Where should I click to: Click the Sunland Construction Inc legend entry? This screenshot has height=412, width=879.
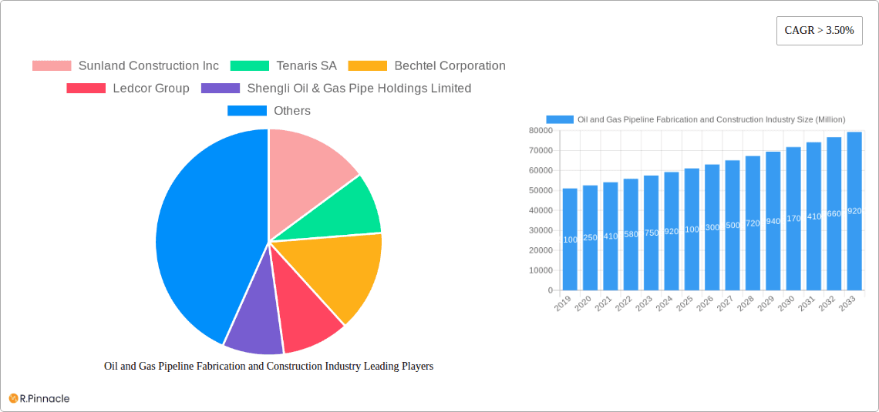126,66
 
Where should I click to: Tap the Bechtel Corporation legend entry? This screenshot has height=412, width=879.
427,66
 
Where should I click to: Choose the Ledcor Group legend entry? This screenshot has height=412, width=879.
128,89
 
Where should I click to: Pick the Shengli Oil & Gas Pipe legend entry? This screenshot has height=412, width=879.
336,89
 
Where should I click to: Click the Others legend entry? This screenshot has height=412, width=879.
269,111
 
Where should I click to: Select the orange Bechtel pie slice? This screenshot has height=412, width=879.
339,270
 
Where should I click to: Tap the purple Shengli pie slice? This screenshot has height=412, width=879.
254,323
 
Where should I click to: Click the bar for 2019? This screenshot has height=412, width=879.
570,239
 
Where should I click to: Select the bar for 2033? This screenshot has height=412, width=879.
854,212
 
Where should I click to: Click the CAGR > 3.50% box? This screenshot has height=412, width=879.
819,31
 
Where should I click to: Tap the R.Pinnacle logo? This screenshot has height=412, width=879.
39,398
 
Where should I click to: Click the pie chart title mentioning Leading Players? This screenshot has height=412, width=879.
268,367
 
